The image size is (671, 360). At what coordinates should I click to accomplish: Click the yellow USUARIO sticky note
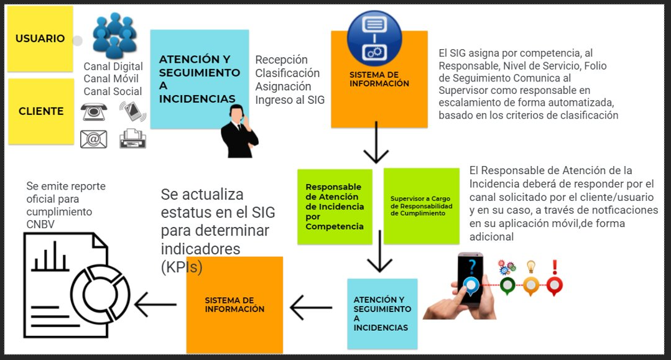click(39, 39)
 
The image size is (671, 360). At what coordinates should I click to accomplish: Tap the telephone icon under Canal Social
click(94, 112)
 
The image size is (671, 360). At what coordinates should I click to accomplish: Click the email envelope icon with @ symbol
click(94, 139)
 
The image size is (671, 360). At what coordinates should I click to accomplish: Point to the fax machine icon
click(132, 137)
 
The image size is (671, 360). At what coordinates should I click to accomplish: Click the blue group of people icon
click(114, 36)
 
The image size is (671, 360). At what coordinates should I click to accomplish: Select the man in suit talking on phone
click(239, 132)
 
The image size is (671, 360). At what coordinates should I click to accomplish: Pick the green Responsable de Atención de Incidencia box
click(335, 206)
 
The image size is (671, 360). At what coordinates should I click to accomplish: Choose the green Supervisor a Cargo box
click(422, 205)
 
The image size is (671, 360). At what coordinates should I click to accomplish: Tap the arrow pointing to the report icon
click(155, 305)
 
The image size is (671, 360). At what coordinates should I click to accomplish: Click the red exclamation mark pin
click(554, 278)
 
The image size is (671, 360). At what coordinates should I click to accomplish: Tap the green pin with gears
click(507, 278)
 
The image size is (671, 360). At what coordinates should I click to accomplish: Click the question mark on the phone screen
click(471, 267)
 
